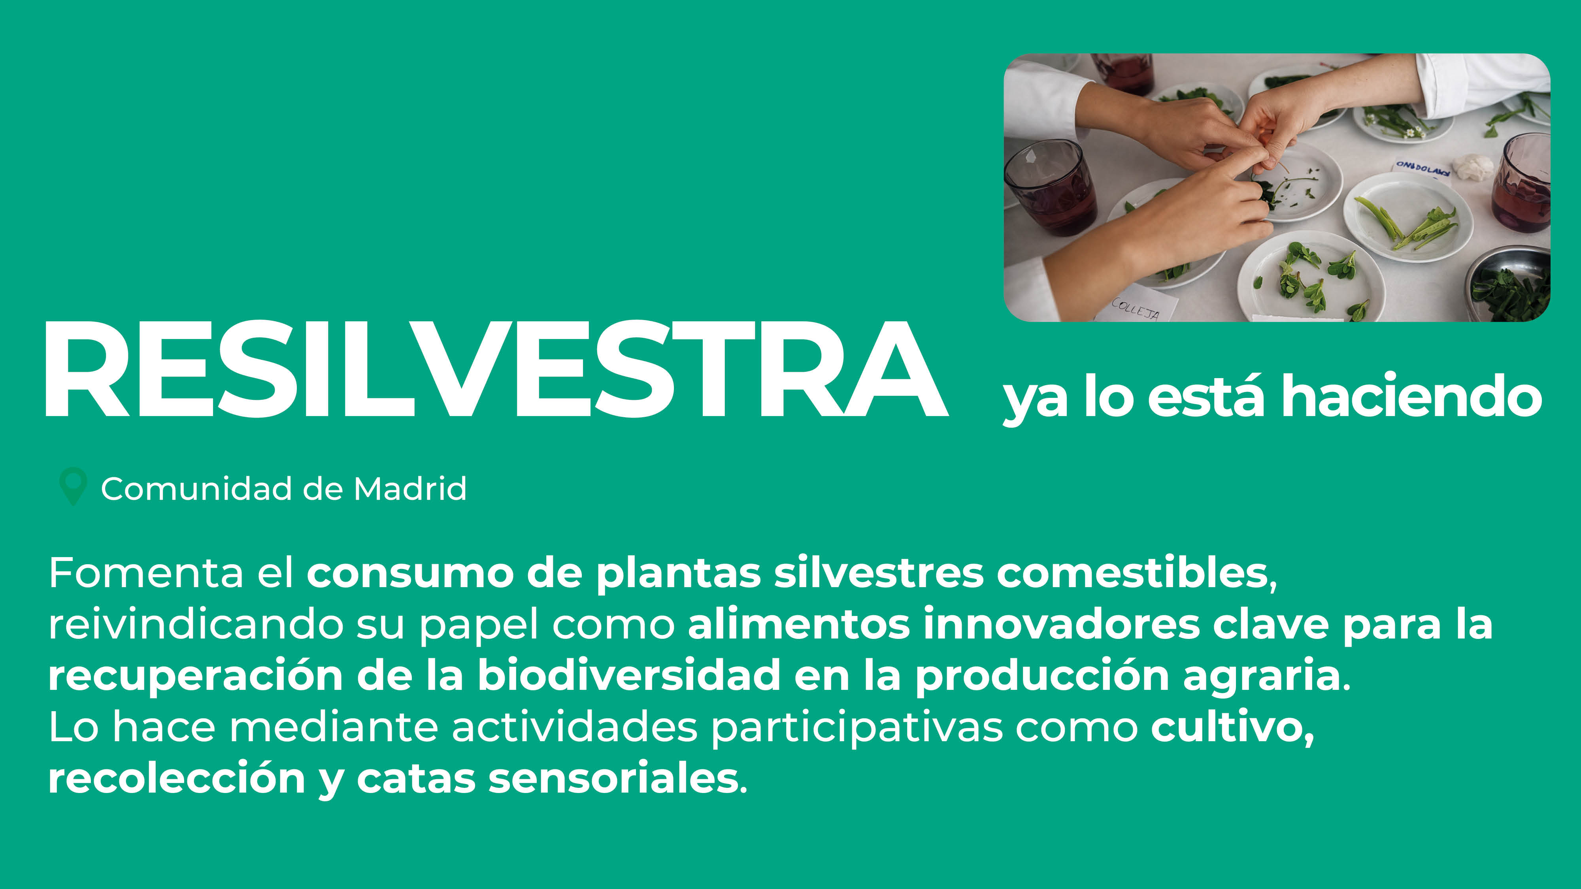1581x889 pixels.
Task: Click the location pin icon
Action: (72, 486)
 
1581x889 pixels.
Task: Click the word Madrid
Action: (410, 489)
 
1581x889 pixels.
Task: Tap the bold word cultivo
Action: (1232, 728)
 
